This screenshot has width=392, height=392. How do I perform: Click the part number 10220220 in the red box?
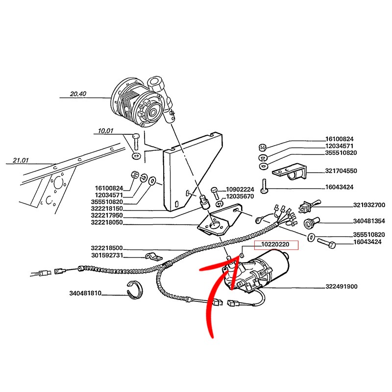pos(275,244)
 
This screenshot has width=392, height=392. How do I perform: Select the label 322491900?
pos(341,287)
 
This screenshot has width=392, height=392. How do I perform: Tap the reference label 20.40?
pos(78,94)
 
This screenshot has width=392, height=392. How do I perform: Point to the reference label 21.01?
pos(21,160)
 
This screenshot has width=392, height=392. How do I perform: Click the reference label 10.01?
pos(105,131)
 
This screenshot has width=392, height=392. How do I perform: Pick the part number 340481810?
pos(85,293)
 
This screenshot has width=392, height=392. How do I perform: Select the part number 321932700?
pos(369,205)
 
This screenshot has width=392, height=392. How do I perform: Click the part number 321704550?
pos(341,171)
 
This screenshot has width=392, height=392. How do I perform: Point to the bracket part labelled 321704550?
pos(289,172)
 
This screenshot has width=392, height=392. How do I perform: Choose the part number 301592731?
pos(107,255)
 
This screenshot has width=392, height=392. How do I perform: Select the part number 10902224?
pos(240,190)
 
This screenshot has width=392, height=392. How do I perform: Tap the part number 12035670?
pos(240,196)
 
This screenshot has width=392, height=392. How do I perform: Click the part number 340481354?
pos(369,221)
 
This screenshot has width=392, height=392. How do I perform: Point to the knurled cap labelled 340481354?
pos(312,222)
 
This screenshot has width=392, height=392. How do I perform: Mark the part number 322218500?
pos(107,248)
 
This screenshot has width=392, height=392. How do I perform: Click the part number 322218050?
pos(107,222)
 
